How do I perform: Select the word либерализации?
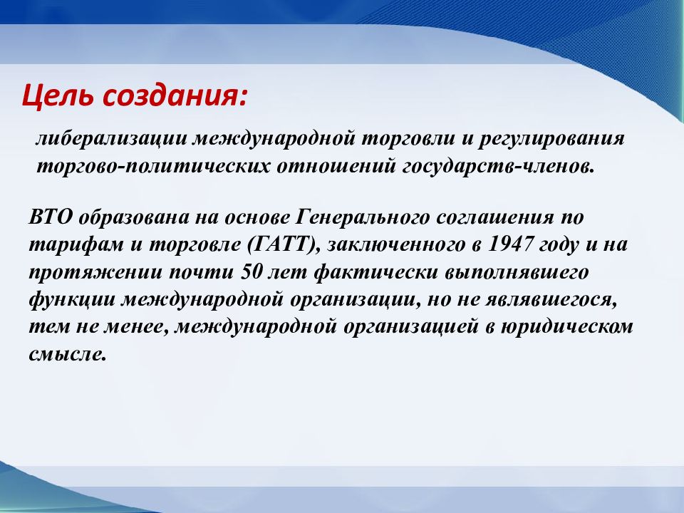pyautogui.click(x=111, y=139)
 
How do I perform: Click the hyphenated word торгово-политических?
pyautogui.click(x=153, y=167)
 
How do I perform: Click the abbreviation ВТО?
pyautogui.click(x=51, y=217)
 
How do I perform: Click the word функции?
pyautogui.click(x=73, y=300)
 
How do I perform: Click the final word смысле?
pyautogui.click(x=68, y=354)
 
